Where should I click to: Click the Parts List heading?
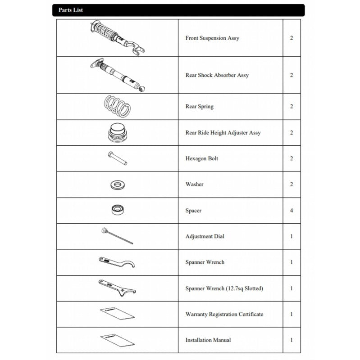pyautogui.click(x=70, y=10)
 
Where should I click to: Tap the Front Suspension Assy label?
pyautogui.click(x=212, y=38)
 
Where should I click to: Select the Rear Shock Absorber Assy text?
pyautogui.click(x=217, y=75)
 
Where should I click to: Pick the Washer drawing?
pyautogui.click(x=118, y=184)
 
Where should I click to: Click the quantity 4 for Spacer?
pyautogui.click(x=292, y=210)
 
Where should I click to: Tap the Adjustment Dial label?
pyautogui.click(x=205, y=236)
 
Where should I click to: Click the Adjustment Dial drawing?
pyautogui.click(x=117, y=236)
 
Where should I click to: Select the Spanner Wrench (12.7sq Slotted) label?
pyautogui.click(x=224, y=288)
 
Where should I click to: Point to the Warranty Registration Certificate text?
pyautogui.click(x=224, y=314)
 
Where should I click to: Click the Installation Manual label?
pyautogui.click(x=208, y=340)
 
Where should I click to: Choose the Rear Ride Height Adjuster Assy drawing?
pyautogui.click(x=118, y=132)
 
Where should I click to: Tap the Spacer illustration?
pyautogui.click(x=118, y=210)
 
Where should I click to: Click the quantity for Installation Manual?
pyautogui.click(x=292, y=340)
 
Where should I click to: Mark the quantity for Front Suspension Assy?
pyautogui.click(x=292, y=38)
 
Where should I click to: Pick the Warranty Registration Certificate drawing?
pyautogui.click(x=117, y=314)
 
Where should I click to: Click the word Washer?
pyautogui.click(x=194, y=184)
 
